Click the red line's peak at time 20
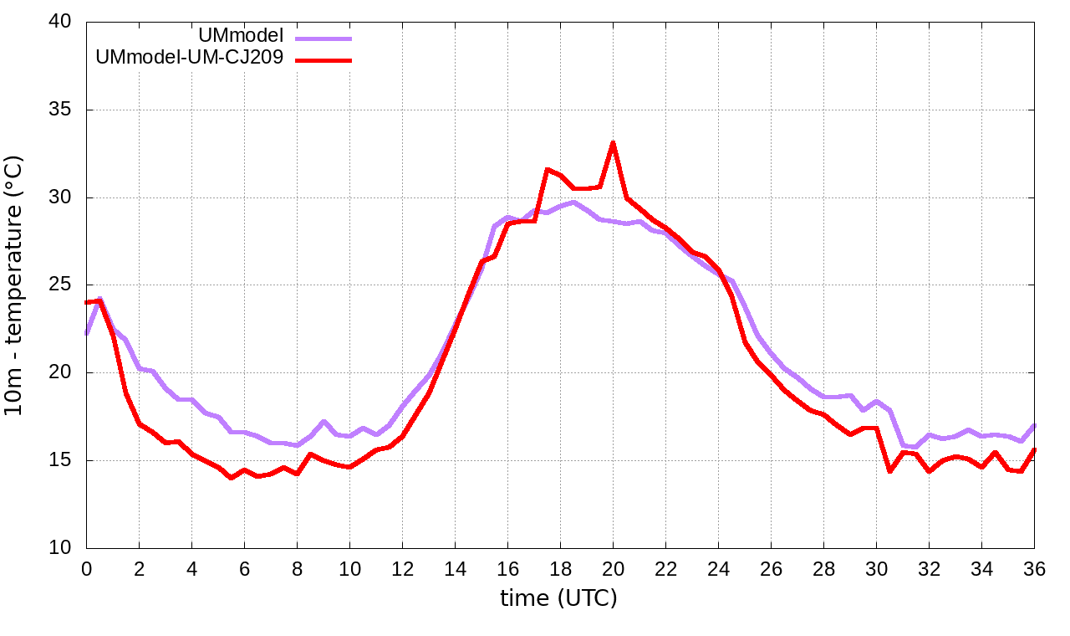613,143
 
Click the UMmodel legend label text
241,35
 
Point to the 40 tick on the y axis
60,22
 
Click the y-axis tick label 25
60,285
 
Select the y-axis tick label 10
60,548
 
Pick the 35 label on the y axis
60,110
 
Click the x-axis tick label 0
86,569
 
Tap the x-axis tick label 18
560,569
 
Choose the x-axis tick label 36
1035,569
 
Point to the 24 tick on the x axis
718,569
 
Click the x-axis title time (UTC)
558,599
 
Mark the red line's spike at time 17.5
548,170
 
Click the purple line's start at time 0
87,333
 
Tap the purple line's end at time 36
1034,425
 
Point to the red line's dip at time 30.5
889,471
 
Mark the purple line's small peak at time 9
324,422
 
